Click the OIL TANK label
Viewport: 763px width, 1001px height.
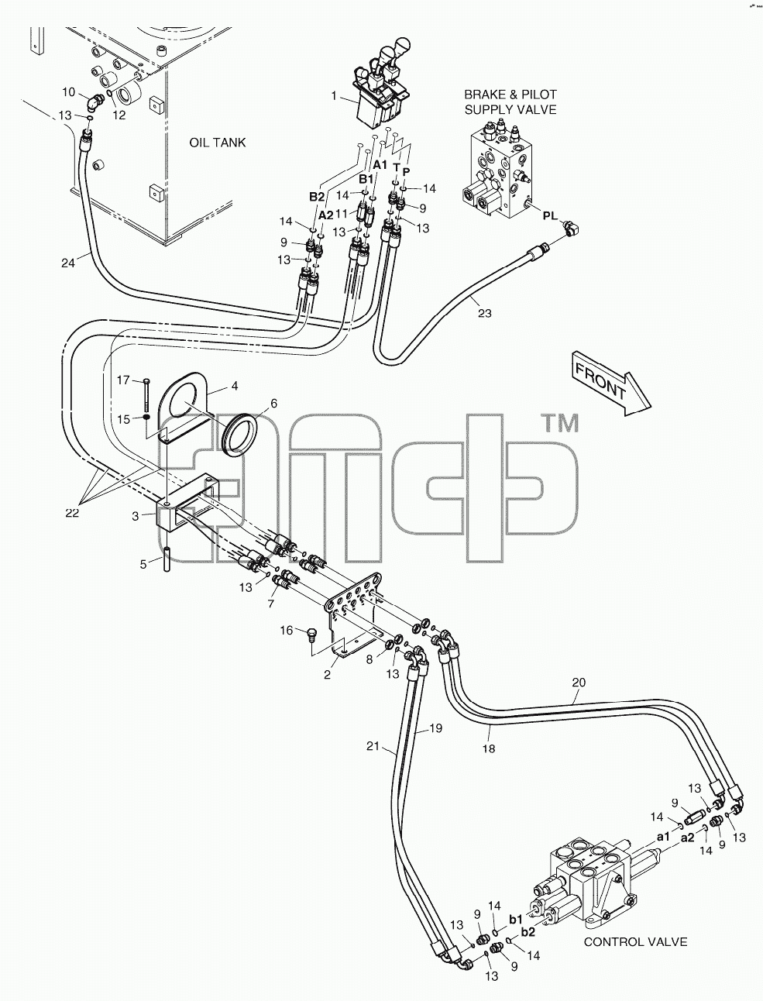coord(218,143)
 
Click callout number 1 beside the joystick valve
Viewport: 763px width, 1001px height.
coord(334,96)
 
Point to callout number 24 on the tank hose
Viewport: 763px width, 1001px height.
coord(68,263)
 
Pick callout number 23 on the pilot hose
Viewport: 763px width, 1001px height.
coord(484,313)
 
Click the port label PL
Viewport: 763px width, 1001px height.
coord(550,215)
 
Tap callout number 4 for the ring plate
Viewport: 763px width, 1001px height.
coord(235,386)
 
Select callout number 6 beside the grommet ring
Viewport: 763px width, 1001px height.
coord(273,403)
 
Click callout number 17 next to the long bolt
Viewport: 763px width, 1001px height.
coord(123,380)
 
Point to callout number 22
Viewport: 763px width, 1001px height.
coord(72,513)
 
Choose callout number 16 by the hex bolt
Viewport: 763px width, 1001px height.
coord(287,630)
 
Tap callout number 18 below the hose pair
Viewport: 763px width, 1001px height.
coord(489,748)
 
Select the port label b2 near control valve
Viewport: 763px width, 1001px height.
coord(528,932)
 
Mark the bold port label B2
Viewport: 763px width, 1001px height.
coord(317,197)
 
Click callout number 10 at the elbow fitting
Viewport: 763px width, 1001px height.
coord(68,92)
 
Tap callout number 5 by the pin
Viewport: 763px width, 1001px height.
coord(143,565)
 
